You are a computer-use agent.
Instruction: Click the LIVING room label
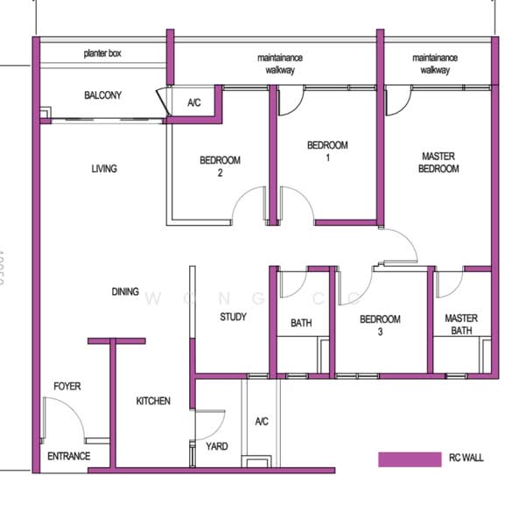coord(103,169)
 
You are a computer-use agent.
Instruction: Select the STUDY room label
coord(233,317)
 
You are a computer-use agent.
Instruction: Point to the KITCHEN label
coord(153,401)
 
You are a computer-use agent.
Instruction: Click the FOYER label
coord(67,385)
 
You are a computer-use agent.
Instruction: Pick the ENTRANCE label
coord(68,456)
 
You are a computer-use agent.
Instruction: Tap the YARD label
coord(216,446)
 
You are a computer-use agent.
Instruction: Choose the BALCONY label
coord(102,95)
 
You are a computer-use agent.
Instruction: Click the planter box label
coord(102,54)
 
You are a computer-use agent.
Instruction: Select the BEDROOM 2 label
coord(220,166)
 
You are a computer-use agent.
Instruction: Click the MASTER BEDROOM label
coord(438,163)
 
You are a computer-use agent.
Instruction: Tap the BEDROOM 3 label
coord(381,325)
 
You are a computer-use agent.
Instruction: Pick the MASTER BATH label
coord(460,325)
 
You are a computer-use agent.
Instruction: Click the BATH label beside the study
coord(301,323)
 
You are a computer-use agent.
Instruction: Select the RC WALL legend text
coord(466,458)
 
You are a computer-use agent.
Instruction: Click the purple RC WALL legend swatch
coord(409,458)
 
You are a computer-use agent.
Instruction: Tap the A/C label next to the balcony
coord(194,103)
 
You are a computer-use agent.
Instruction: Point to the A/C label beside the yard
coord(261,422)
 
